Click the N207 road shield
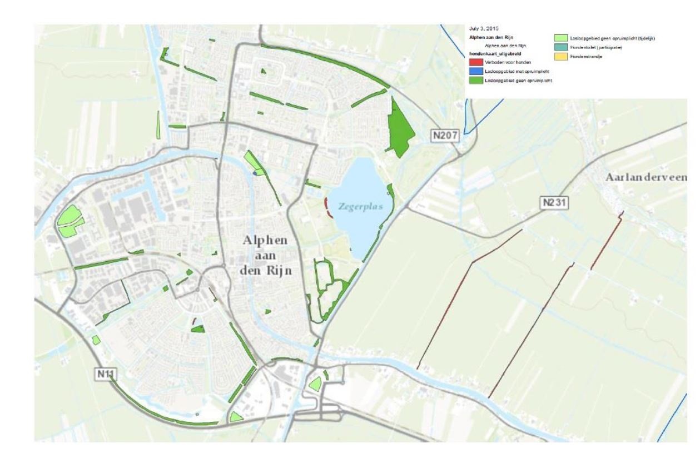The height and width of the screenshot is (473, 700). [446, 135]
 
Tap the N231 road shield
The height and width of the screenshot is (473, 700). [554, 203]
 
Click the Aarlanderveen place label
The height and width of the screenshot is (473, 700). [646, 177]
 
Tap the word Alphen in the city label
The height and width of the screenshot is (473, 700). [265, 240]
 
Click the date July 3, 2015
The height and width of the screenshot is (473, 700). [484, 28]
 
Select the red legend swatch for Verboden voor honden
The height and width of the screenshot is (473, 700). [476, 62]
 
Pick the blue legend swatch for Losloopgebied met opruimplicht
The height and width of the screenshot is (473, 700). [476, 72]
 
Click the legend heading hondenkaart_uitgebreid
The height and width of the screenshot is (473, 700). [490, 54]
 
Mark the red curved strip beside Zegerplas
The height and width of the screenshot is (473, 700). [327, 207]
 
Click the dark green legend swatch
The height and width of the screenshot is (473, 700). [476, 81]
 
